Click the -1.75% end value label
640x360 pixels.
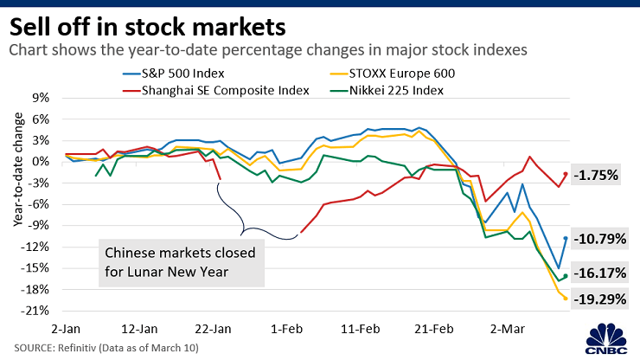(596, 175)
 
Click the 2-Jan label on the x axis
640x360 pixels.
(66, 329)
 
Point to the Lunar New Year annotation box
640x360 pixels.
(179, 263)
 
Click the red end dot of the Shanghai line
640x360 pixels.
(565, 174)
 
